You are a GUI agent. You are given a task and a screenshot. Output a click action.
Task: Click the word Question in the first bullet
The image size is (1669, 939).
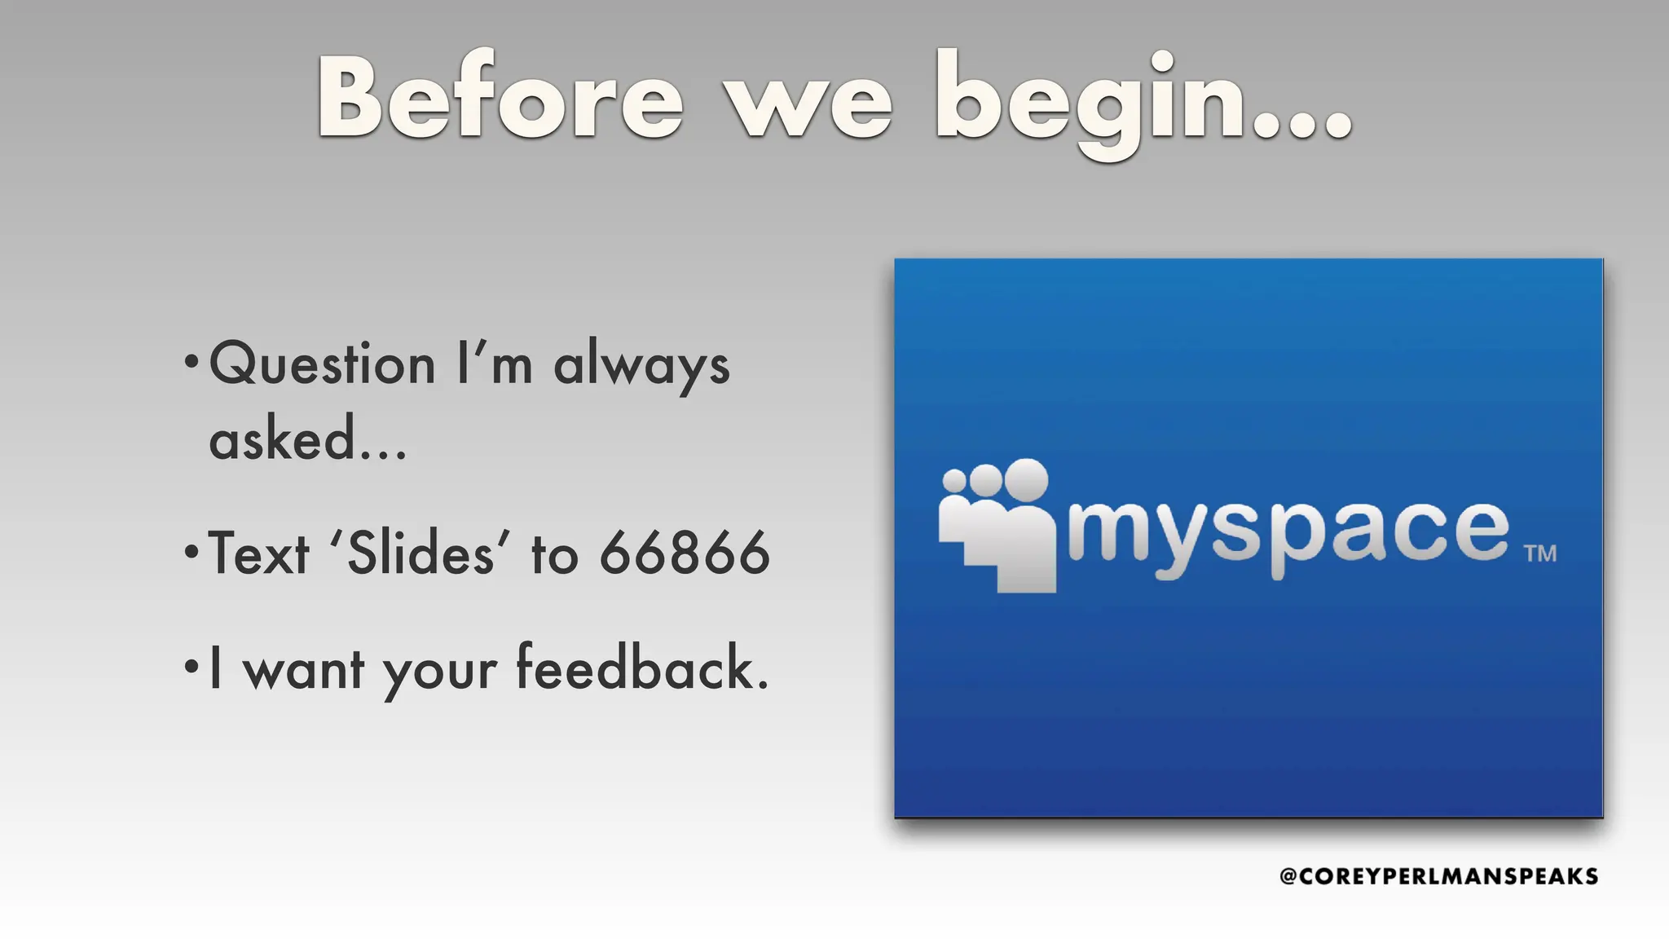coord(323,364)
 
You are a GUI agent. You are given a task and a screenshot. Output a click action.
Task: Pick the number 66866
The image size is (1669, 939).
coord(685,553)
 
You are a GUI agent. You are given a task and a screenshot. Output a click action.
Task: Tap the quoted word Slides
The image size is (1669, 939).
coord(421,553)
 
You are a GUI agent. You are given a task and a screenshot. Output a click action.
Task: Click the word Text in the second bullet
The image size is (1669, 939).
coord(259,553)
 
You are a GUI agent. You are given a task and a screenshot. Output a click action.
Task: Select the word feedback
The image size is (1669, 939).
coord(642,668)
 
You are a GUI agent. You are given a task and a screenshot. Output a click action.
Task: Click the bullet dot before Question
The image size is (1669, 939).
coord(192,361)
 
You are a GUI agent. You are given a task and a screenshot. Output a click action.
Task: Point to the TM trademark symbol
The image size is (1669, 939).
coord(1540,554)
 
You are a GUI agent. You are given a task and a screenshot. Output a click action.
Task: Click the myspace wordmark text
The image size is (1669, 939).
coord(1288,531)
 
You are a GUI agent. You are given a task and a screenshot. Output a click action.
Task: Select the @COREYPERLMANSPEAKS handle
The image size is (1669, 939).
coord(1438,876)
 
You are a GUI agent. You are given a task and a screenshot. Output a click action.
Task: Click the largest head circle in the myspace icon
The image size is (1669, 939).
coord(1026,480)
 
